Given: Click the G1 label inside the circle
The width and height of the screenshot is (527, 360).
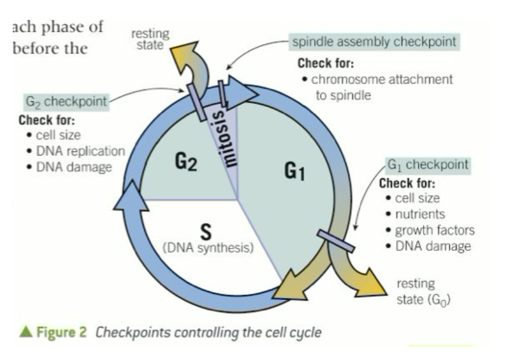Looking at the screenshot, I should tap(295, 171).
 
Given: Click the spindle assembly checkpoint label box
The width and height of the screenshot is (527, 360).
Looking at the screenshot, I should tap(374, 42).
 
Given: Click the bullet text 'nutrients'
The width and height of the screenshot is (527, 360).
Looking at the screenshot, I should tap(420, 214).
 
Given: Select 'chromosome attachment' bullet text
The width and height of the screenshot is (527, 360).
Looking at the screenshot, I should tap(382, 80).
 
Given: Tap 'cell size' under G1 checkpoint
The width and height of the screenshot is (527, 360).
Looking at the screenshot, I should tap(417, 199).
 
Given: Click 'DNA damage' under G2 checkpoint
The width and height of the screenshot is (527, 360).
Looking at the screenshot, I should tap(73, 167).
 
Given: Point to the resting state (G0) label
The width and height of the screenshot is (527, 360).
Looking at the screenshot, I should tap(423, 292).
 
